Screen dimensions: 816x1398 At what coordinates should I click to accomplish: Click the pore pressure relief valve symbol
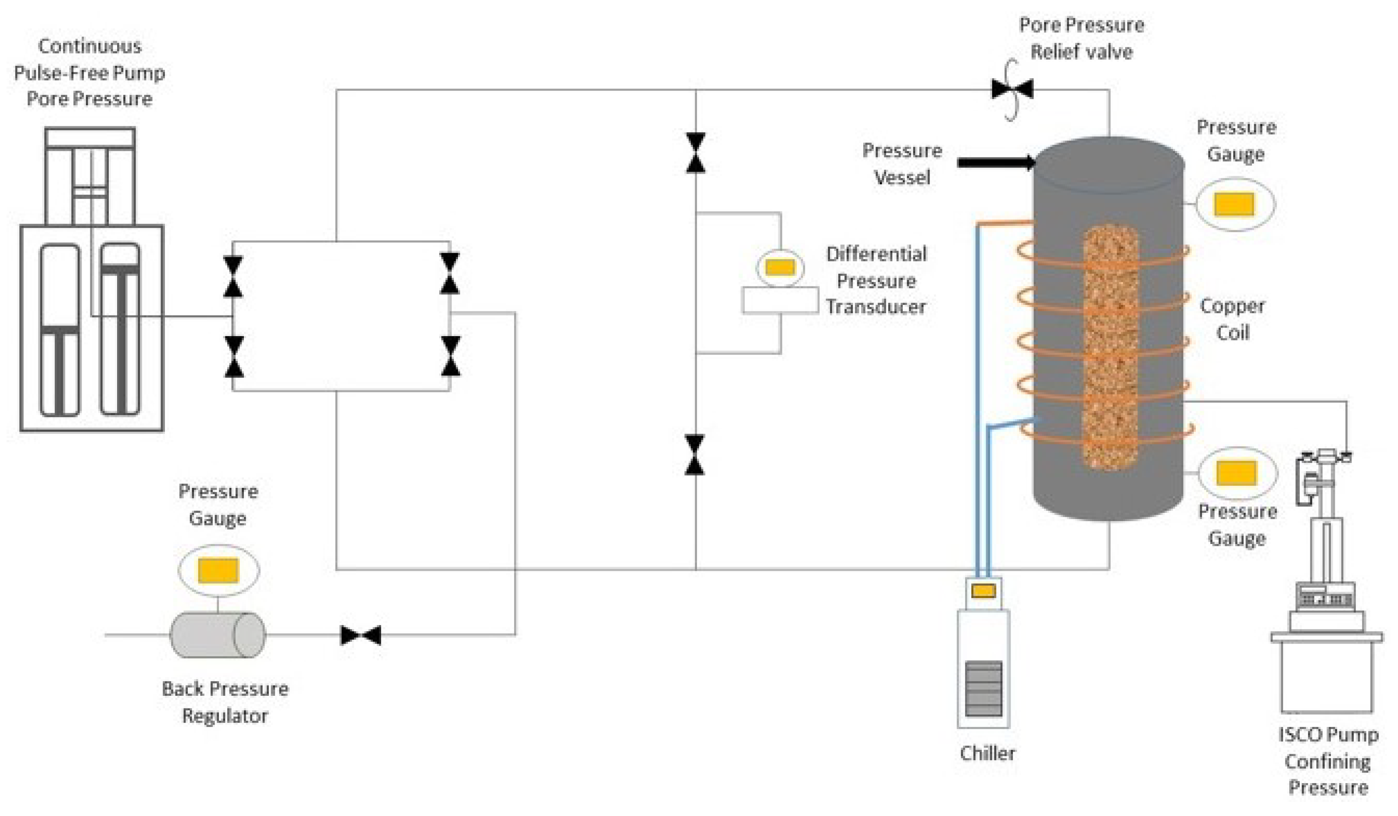1012,89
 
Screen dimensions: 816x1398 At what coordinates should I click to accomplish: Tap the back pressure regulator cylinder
218,635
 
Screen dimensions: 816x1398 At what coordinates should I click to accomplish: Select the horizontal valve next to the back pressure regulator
361,635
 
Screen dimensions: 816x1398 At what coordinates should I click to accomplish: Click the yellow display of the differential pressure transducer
780,267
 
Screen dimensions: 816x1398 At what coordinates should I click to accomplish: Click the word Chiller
987,753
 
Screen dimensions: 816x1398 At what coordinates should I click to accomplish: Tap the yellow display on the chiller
983,591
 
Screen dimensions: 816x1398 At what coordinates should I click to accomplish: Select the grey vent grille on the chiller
983,688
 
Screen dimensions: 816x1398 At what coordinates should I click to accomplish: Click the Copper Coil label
1232,319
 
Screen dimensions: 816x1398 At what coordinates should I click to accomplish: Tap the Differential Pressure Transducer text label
876,280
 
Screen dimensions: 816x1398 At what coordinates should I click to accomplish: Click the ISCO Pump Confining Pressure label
1328,761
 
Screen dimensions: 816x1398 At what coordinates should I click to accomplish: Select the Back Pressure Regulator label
225,702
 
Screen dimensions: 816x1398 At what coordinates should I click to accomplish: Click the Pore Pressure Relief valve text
1081,38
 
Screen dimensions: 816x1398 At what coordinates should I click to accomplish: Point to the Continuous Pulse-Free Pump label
89,72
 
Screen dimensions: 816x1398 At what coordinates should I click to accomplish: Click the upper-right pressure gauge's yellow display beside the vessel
1234,204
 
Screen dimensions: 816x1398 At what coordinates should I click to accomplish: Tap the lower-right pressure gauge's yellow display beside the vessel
1237,473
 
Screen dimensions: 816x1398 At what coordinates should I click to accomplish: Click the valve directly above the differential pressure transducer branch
696,153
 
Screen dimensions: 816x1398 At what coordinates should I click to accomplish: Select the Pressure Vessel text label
902,164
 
